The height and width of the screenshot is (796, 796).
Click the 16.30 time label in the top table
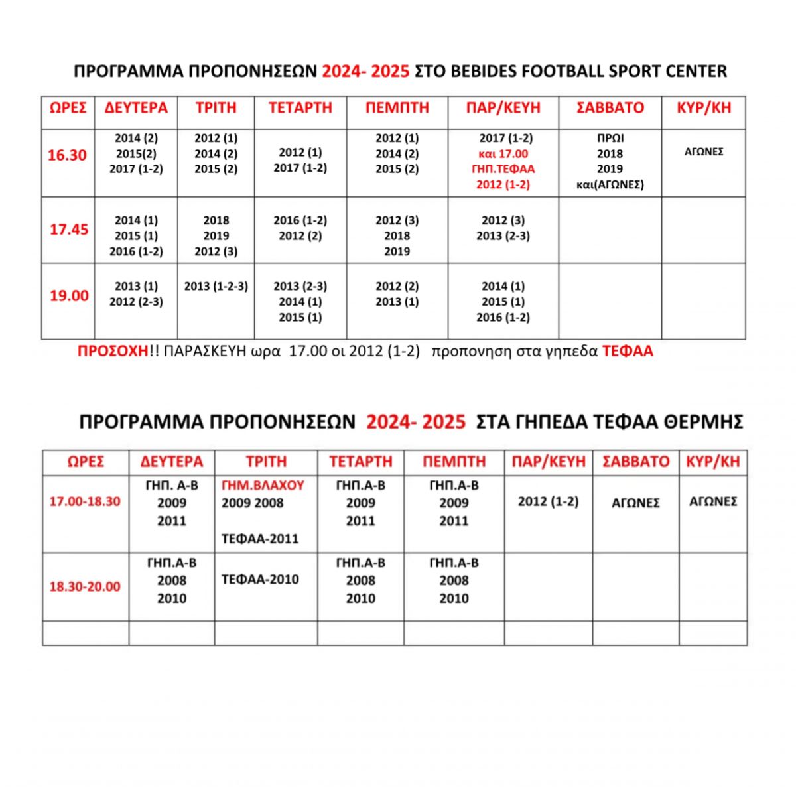pyautogui.click(x=67, y=155)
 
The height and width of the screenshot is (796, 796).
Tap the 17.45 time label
pyautogui.click(x=69, y=230)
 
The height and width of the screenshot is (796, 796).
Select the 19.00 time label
pyautogui.click(x=69, y=295)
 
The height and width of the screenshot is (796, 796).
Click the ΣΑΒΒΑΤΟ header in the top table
pyautogui.click(x=610, y=108)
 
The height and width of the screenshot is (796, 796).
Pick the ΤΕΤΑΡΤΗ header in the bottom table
pyautogui.click(x=361, y=462)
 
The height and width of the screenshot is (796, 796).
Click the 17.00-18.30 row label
pyautogui.click(x=85, y=501)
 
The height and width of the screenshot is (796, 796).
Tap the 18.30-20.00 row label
pyautogui.click(x=85, y=587)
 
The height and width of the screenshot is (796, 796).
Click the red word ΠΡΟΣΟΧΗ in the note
pyautogui.click(x=112, y=352)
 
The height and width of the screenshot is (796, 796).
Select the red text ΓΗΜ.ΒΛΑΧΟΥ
pyautogui.click(x=263, y=486)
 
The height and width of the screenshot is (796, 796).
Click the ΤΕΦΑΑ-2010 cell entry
pyautogui.click(x=260, y=579)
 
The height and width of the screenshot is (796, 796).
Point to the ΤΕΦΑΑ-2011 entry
pyautogui.click(x=260, y=539)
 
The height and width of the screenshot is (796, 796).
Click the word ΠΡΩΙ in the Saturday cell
pyautogui.click(x=610, y=139)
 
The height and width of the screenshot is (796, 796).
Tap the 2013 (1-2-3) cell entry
pyautogui.click(x=216, y=286)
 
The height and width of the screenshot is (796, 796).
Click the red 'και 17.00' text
pyautogui.click(x=503, y=154)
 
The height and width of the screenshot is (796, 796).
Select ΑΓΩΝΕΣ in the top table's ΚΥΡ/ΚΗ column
pyautogui.click(x=704, y=151)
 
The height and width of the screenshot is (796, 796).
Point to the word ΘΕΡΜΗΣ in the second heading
pyautogui.click(x=706, y=422)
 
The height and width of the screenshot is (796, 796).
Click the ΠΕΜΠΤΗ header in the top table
pyautogui.click(x=397, y=108)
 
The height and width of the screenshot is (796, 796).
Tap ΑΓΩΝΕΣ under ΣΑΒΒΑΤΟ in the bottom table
pyautogui.click(x=635, y=503)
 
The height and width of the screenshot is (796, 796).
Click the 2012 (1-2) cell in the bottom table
pyautogui.click(x=548, y=501)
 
